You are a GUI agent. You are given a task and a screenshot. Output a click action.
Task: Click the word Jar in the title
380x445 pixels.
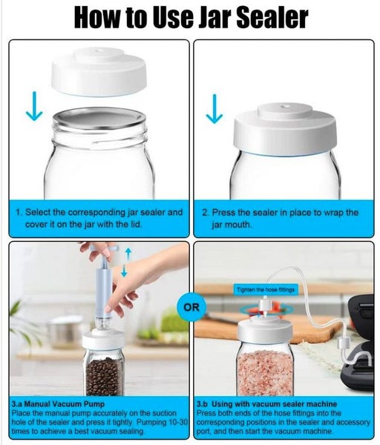[195, 17]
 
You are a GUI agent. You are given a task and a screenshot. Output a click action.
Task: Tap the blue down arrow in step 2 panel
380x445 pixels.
[214, 108]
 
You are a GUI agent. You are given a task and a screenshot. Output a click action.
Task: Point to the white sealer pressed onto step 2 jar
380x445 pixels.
[285, 131]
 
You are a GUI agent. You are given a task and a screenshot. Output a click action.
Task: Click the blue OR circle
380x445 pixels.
[189, 307]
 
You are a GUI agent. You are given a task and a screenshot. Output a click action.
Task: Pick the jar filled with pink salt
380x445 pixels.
[264, 366]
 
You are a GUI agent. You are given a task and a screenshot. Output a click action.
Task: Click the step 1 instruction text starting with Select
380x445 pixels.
[99, 218]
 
